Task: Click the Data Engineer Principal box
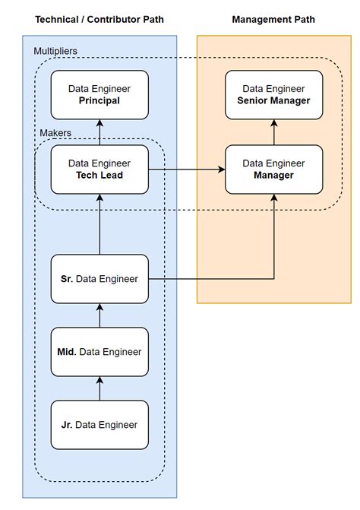click(99, 94)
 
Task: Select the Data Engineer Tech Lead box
click(99, 169)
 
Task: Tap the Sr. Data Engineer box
click(99, 279)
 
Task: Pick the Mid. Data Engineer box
click(99, 352)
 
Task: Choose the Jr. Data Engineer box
click(99, 425)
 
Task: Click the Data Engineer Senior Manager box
click(273, 94)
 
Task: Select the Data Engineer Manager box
click(273, 169)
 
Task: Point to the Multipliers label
click(55, 51)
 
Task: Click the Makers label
click(55, 133)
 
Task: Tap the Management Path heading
click(273, 19)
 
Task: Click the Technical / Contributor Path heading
click(99, 19)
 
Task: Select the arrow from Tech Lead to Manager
click(186, 169)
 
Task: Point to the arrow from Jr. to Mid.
click(99, 388)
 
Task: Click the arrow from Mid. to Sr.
click(99, 315)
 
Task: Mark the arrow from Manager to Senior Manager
click(273, 132)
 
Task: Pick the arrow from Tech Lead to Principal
click(99, 132)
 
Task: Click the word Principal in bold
click(99, 100)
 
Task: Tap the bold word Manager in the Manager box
click(273, 176)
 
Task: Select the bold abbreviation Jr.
click(67, 425)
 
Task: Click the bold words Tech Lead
click(99, 176)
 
